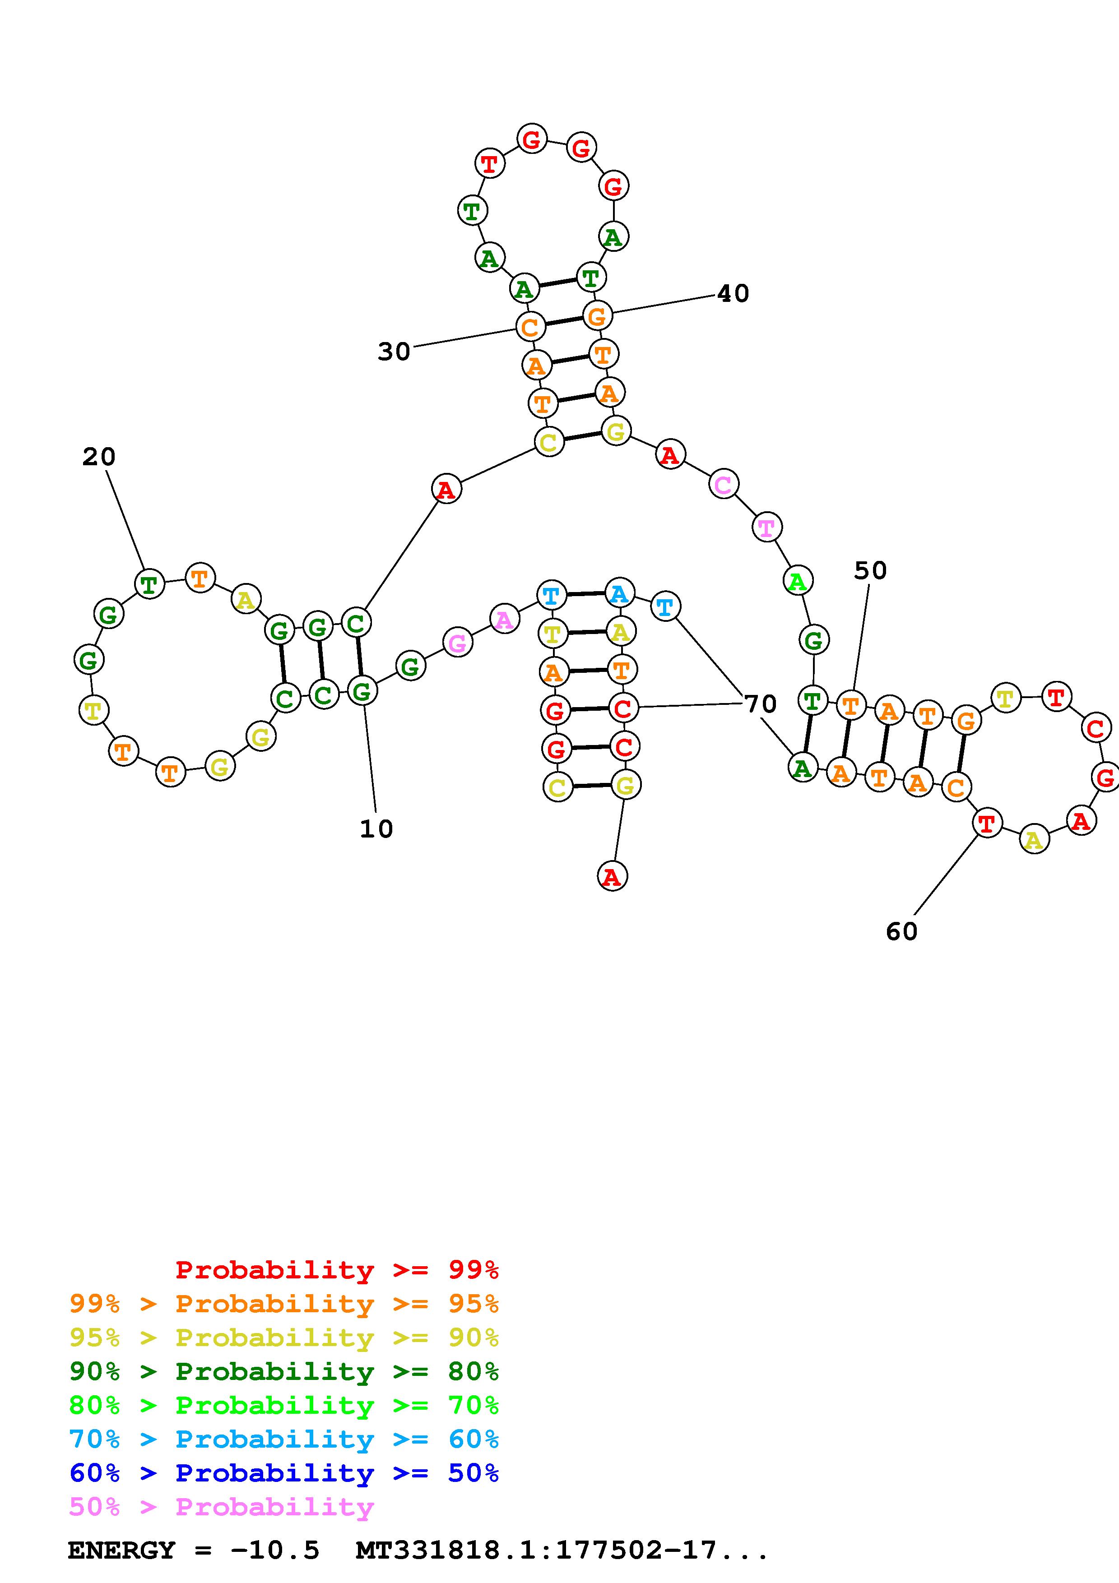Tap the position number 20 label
click(98, 456)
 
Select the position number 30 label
click(394, 352)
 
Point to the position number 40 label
click(733, 294)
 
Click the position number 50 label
click(870, 570)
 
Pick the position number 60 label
click(901, 931)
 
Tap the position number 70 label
click(761, 704)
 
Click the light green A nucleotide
click(798, 581)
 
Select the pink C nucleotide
click(723, 485)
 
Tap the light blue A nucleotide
click(619, 593)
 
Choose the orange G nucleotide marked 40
click(597, 316)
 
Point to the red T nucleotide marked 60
click(987, 823)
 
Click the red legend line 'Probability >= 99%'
click(337, 1270)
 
